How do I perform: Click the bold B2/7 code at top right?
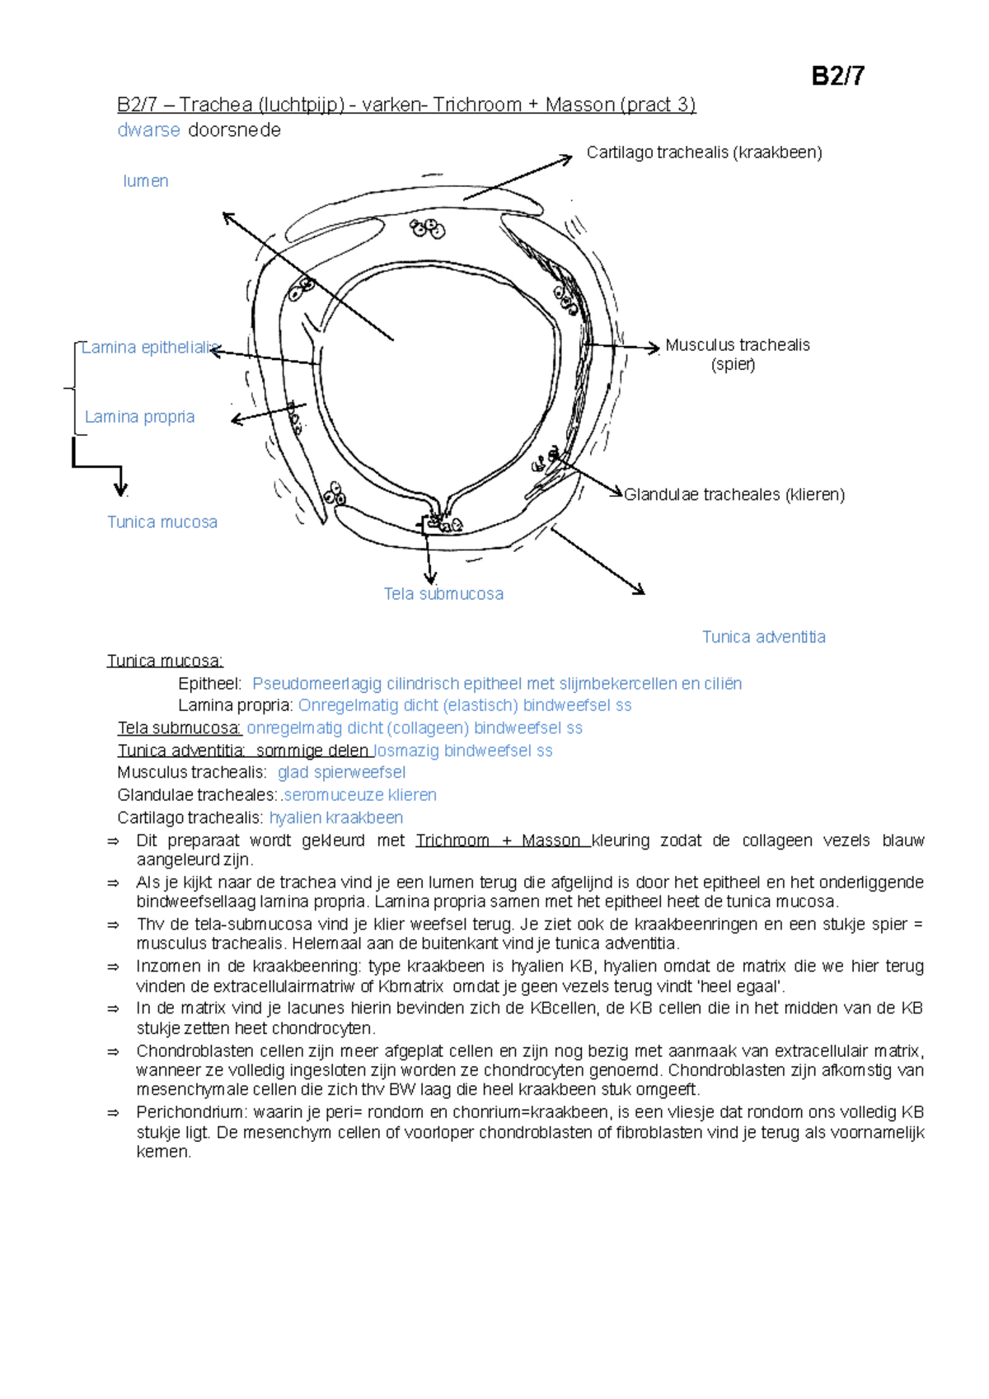pos(837,77)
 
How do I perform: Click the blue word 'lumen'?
pos(146,181)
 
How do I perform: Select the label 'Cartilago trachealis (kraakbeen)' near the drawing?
pos(704,152)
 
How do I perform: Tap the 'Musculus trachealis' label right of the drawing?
pos(737,345)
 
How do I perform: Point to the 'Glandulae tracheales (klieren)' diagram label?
pos(734,494)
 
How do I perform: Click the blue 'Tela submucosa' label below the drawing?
pos(443,594)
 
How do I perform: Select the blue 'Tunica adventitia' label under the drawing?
pos(763,637)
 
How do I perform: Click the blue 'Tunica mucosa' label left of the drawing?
pos(162,522)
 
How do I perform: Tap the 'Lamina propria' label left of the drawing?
pos(140,417)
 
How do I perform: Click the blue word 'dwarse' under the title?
pos(148,130)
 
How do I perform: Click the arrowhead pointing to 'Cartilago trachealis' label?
pos(566,157)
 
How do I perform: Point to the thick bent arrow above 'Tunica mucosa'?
pos(97,466)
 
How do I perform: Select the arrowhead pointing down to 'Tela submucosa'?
pos(429,578)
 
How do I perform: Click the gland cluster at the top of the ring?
pos(428,228)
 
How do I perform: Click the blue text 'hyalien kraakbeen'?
pos(336,818)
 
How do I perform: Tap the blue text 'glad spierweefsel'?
pos(341,773)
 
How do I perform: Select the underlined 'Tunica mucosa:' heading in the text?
pos(165,661)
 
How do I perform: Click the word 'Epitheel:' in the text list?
pos(209,684)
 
